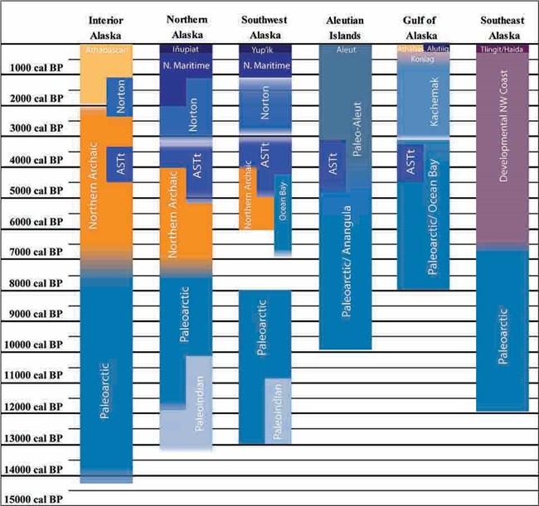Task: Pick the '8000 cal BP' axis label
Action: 34,283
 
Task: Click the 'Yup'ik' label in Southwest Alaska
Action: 265,50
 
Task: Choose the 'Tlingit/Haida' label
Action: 503,50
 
